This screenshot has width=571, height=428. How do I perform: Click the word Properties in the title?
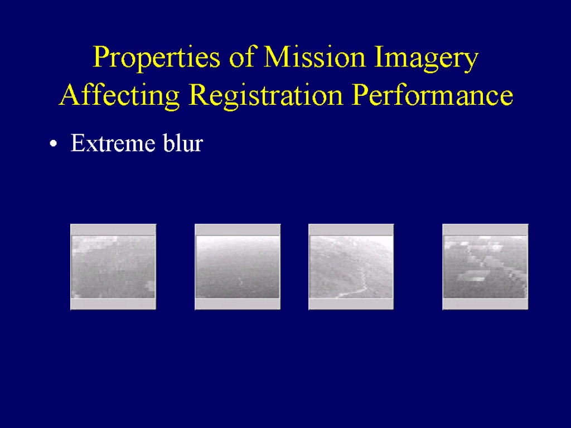coord(157,57)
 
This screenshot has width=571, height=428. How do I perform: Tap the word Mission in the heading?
coord(314,57)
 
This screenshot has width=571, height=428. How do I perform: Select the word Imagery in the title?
coord(426,58)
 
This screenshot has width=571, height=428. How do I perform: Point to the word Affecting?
coord(119,95)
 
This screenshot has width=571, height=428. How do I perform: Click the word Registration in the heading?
coord(266,95)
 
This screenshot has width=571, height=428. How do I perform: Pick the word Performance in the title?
coord(433,95)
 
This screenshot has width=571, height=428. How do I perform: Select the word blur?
coord(183,143)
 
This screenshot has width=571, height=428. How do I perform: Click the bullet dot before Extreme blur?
coord(54,144)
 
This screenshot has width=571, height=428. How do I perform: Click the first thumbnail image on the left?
coord(113,267)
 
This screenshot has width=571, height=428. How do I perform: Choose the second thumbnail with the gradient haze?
coord(238,267)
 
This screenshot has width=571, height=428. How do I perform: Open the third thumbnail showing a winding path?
coord(351,267)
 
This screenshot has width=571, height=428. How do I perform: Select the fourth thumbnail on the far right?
coord(485,267)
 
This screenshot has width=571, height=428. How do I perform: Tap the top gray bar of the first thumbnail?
coord(113,230)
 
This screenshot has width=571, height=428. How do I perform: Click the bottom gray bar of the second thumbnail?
coord(238,304)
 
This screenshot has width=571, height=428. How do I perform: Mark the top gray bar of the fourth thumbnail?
coord(485,230)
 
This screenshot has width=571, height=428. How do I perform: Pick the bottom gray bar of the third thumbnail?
coord(351,304)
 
